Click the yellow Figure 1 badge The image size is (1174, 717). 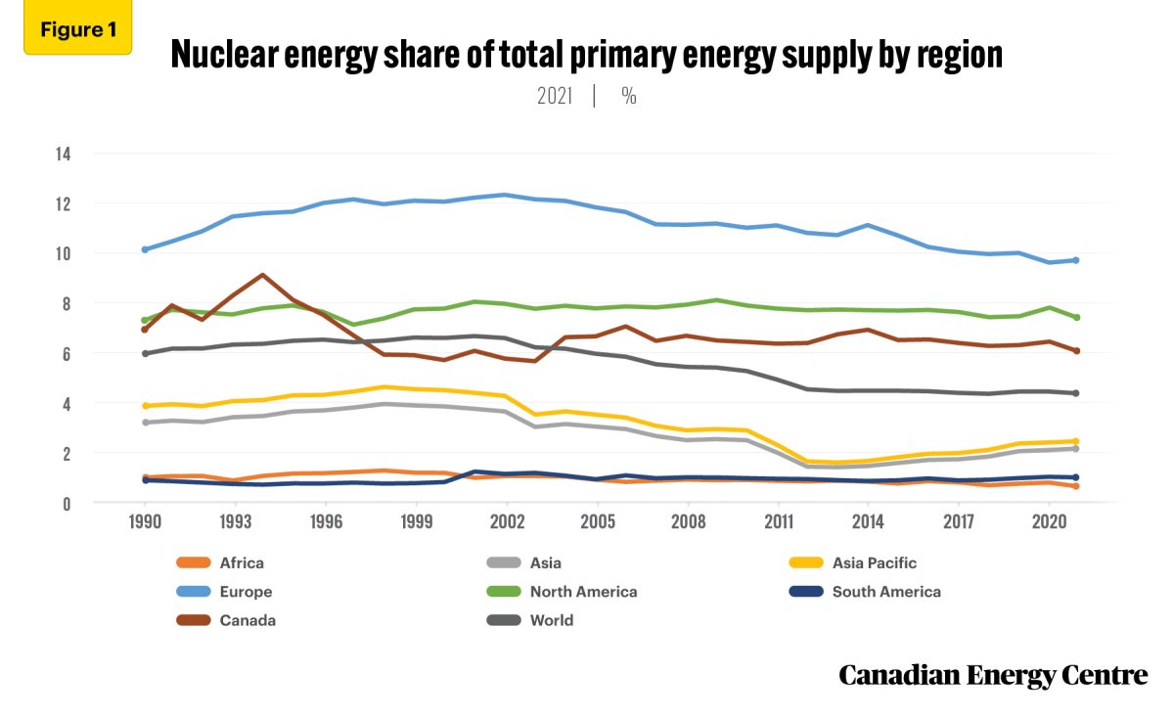[x=77, y=30]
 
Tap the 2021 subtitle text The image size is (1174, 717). [x=555, y=97]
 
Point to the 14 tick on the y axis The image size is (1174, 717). [x=64, y=154]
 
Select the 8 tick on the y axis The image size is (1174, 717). [x=68, y=304]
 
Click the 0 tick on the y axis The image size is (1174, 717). [x=68, y=504]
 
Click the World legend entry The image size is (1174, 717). [x=552, y=620]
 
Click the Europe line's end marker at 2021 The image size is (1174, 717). [x=1075, y=260]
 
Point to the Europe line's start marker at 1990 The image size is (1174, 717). [x=145, y=249]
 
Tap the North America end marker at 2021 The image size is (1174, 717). [x=1075, y=317]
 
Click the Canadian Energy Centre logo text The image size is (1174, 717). [x=992, y=675]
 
